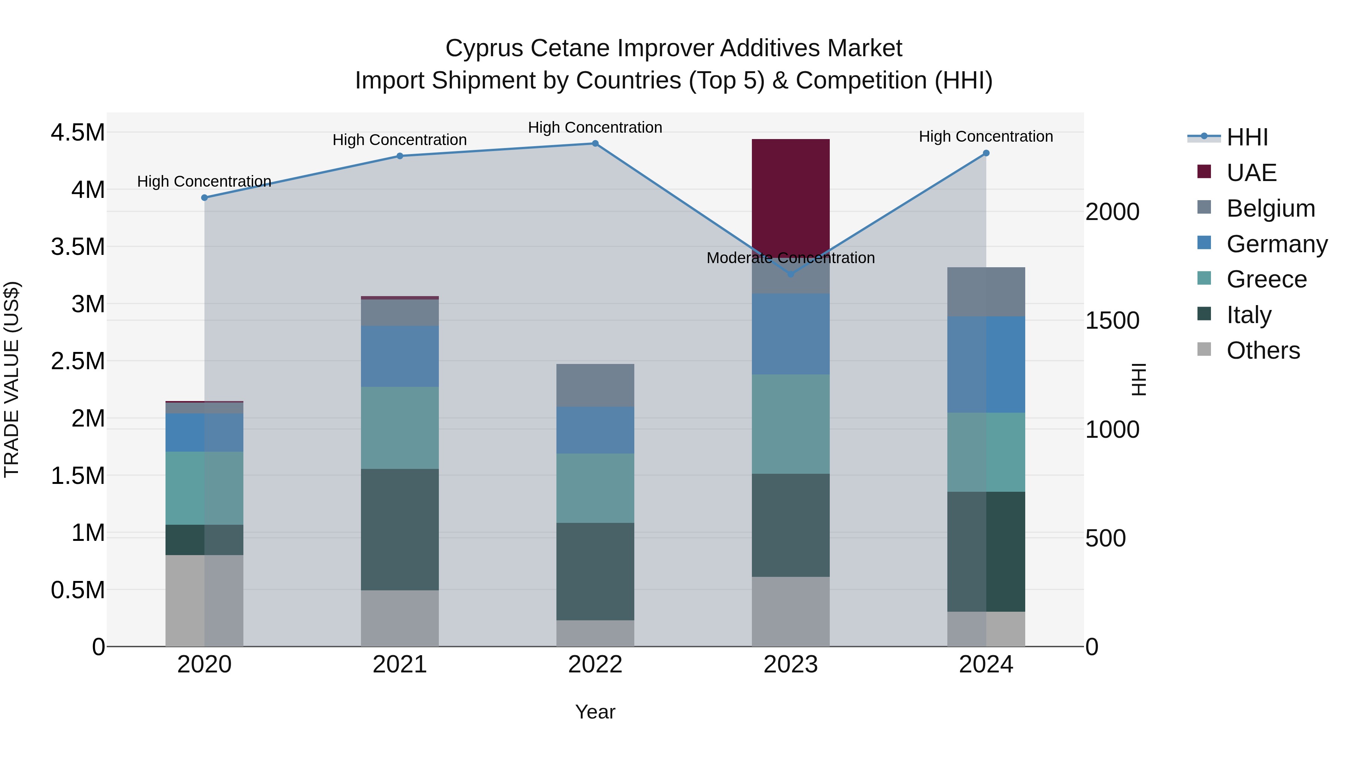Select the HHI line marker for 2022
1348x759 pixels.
click(595, 144)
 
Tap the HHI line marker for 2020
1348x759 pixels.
click(204, 198)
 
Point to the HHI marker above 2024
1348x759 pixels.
click(986, 153)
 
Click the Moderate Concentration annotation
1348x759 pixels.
click(790, 258)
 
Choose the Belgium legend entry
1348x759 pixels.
click(1270, 208)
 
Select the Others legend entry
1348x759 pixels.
click(1263, 350)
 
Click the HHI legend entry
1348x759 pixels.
click(1247, 137)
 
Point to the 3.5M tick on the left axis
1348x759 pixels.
click(78, 247)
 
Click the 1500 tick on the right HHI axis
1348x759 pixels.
click(1112, 320)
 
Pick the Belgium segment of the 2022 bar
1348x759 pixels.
click(595, 385)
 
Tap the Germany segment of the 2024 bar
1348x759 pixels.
click(986, 365)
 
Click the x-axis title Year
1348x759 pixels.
click(595, 712)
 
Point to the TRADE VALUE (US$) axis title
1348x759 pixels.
click(12, 379)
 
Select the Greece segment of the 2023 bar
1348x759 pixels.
click(790, 424)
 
